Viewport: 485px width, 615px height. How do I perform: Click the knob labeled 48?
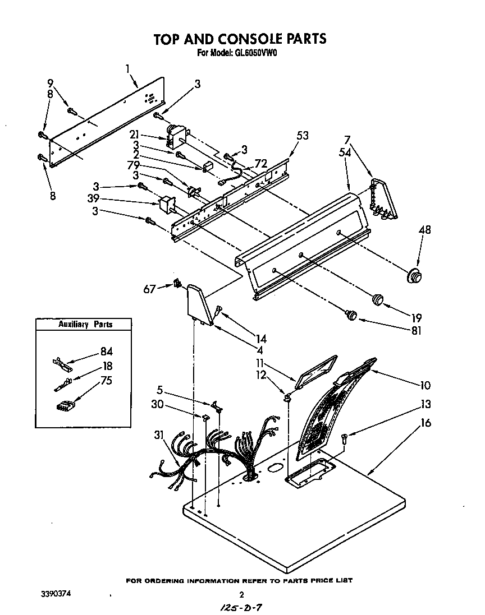(414, 276)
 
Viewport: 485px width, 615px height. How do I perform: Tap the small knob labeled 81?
(352, 315)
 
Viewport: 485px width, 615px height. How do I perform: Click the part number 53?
(303, 135)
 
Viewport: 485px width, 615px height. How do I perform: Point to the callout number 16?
(426, 423)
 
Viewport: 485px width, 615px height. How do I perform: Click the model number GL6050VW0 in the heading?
(253, 54)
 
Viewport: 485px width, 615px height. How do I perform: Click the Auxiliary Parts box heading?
(85, 324)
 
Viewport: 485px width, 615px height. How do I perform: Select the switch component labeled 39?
(167, 205)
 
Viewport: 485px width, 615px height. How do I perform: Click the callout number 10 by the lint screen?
(425, 385)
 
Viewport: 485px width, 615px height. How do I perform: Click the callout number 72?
(260, 163)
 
